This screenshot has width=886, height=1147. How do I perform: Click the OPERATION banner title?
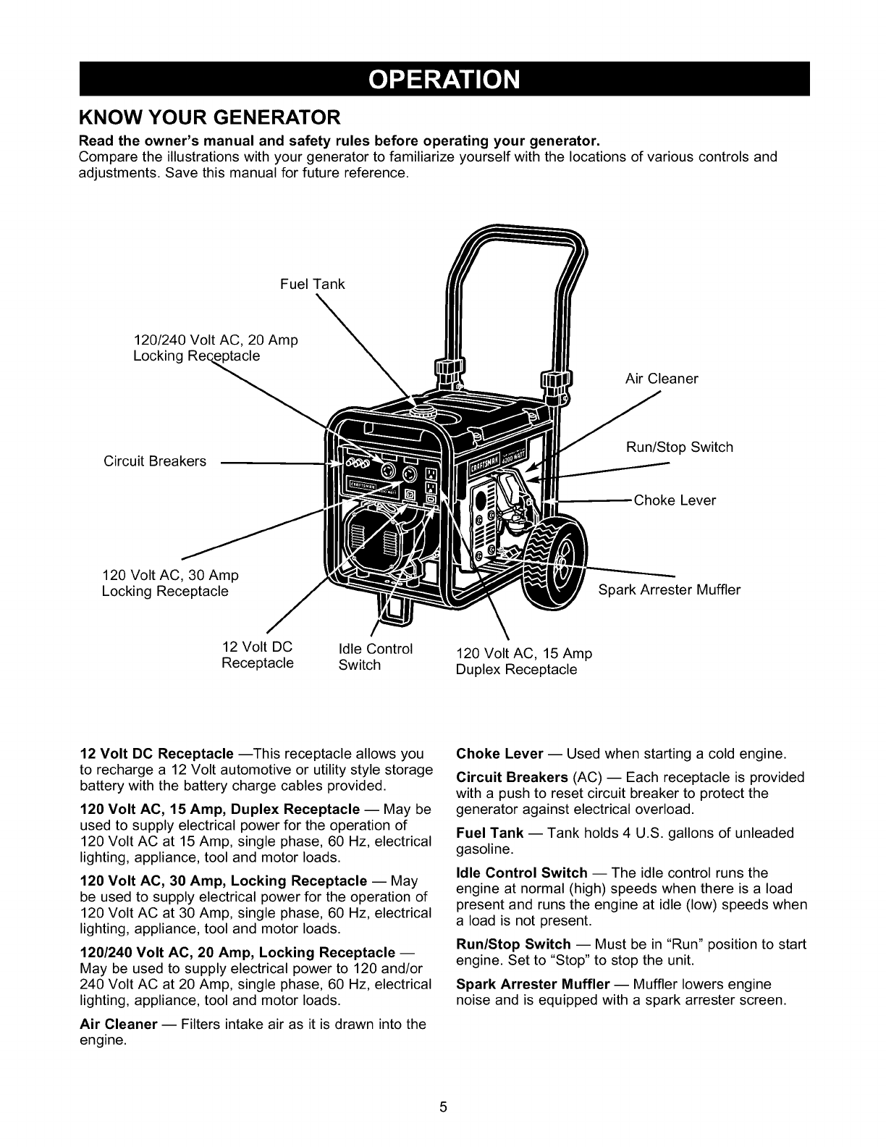444,79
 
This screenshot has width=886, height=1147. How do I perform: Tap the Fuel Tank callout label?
312,284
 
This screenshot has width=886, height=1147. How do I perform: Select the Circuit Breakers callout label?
155,461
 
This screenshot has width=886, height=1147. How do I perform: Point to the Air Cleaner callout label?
662,379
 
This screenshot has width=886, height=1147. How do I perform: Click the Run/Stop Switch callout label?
679,447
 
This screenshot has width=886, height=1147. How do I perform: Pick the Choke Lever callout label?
675,500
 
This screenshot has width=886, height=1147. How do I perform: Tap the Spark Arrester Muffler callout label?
670,589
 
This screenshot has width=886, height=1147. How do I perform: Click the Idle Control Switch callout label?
375,657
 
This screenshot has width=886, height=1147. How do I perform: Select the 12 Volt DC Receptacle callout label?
257,655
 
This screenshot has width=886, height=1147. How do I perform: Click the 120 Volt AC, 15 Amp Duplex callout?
523,662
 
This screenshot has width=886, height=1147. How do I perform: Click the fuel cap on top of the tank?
419,411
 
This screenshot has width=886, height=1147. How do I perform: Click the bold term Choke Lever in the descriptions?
499,753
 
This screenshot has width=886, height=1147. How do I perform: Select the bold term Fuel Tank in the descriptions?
490,833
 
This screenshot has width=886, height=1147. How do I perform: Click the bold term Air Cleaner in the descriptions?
119,1025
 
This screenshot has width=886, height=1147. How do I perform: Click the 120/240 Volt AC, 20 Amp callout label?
216,348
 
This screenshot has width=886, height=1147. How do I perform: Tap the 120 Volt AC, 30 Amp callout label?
170,584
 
